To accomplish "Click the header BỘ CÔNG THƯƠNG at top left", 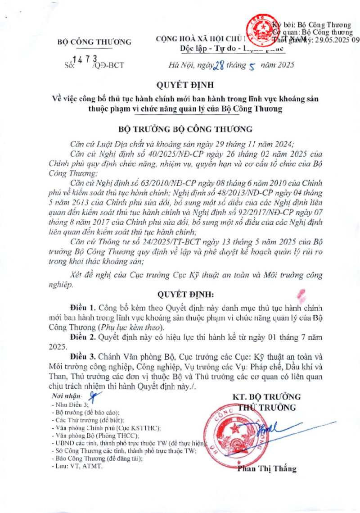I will click(94, 42).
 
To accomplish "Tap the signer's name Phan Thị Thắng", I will click(267, 469).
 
